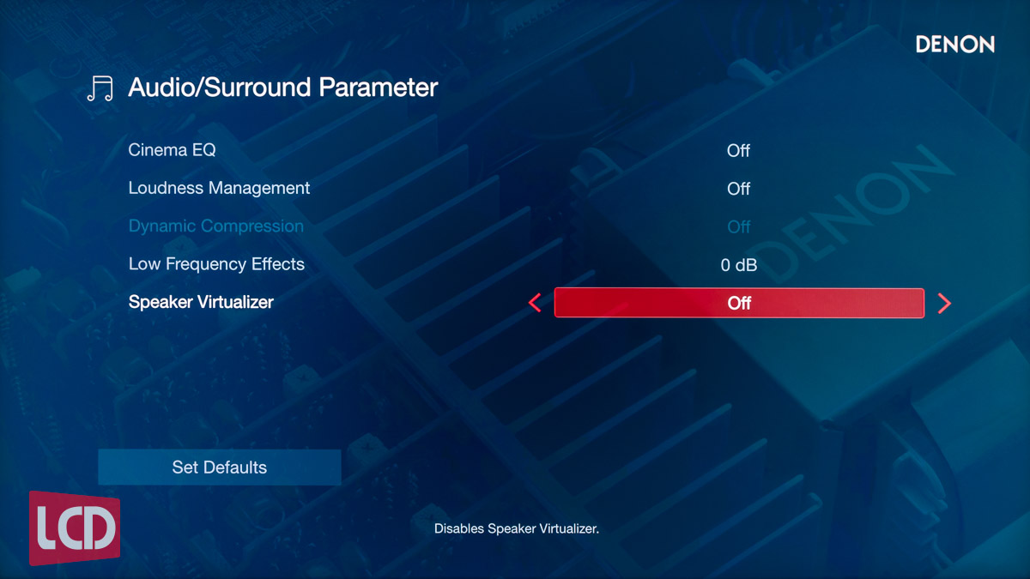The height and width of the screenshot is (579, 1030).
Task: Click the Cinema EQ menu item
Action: click(x=172, y=150)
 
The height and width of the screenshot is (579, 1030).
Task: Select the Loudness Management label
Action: click(x=219, y=189)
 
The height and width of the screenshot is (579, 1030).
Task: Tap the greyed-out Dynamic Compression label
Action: click(x=216, y=226)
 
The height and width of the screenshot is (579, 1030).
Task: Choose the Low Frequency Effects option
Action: click(x=216, y=264)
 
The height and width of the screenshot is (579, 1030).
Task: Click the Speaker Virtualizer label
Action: click(x=201, y=302)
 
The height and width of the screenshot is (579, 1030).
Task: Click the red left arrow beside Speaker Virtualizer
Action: click(x=535, y=303)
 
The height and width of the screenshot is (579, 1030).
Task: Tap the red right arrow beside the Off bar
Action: click(x=944, y=304)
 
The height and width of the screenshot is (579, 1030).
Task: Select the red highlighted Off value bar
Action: click(x=739, y=303)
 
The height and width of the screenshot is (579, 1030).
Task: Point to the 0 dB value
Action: click(x=738, y=265)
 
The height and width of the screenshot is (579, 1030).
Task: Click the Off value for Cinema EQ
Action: click(x=738, y=151)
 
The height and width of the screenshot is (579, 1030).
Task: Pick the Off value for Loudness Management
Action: click(x=738, y=189)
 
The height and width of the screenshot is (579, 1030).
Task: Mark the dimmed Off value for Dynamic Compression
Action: click(x=738, y=227)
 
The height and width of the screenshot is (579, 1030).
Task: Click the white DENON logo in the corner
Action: click(x=955, y=45)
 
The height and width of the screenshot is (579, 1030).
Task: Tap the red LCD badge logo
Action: click(x=75, y=528)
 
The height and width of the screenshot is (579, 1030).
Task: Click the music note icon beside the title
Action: click(x=100, y=88)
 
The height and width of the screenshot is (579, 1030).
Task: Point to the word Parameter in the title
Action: click(x=378, y=87)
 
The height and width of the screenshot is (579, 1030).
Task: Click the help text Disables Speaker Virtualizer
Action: click(x=517, y=529)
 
